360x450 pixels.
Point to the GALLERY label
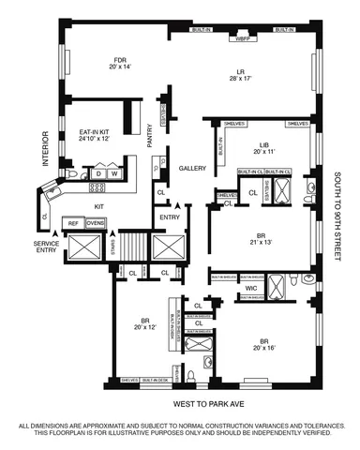tap(192, 157)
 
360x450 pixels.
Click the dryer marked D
tap(97, 173)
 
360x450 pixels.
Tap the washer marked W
tap(113, 173)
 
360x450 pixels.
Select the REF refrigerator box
tap(72, 223)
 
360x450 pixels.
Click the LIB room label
tap(263, 143)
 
